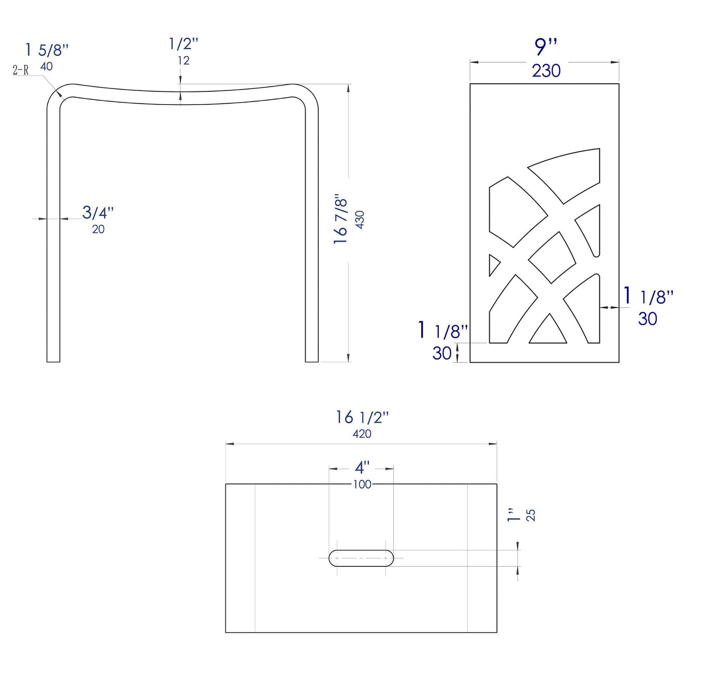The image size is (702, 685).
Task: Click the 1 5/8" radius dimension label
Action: point(47,50)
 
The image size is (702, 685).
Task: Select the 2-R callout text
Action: point(20,70)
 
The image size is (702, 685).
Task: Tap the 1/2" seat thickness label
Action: point(184,44)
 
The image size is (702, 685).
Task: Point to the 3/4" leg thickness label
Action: point(98,212)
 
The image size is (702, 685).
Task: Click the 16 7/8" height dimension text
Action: point(341,220)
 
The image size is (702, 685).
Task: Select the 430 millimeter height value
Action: point(360,220)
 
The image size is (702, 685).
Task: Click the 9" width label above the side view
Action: point(546,47)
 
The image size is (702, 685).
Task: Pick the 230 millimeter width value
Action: point(546,71)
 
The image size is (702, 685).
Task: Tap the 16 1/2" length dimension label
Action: point(362,417)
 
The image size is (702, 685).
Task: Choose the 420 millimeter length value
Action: point(362,434)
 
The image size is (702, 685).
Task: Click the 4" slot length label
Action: point(362,468)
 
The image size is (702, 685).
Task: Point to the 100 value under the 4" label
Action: point(362,484)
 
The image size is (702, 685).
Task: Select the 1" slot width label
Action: point(513,515)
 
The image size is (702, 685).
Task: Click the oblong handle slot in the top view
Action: point(361,558)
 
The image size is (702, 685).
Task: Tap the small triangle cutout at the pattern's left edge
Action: point(494,265)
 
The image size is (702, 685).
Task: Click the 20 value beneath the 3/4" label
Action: point(98,229)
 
